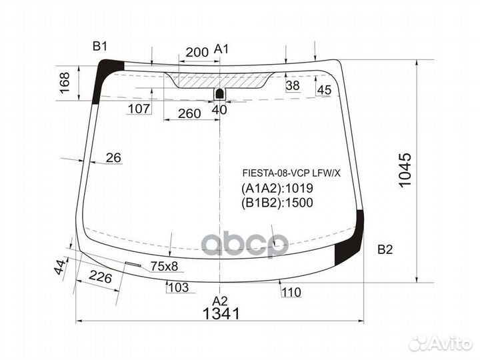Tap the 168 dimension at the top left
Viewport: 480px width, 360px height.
(65, 83)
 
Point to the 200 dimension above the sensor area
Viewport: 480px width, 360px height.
(197, 52)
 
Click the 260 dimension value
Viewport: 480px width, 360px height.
(189, 113)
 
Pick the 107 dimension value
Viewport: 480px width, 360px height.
(139, 109)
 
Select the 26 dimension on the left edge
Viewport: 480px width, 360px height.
(113, 158)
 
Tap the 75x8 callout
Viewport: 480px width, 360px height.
(164, 267)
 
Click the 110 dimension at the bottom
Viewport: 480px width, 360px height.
(291, 292)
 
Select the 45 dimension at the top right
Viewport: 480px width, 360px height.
(324, 91)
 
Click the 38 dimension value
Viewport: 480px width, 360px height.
(293, 85)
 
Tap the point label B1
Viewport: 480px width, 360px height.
(100, 46)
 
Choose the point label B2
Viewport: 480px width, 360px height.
(385, 250)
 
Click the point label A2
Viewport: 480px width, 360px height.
(220, 300)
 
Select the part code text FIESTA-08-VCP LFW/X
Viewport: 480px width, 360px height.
(291, 173)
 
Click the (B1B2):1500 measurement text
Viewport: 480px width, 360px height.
(277, 203)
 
